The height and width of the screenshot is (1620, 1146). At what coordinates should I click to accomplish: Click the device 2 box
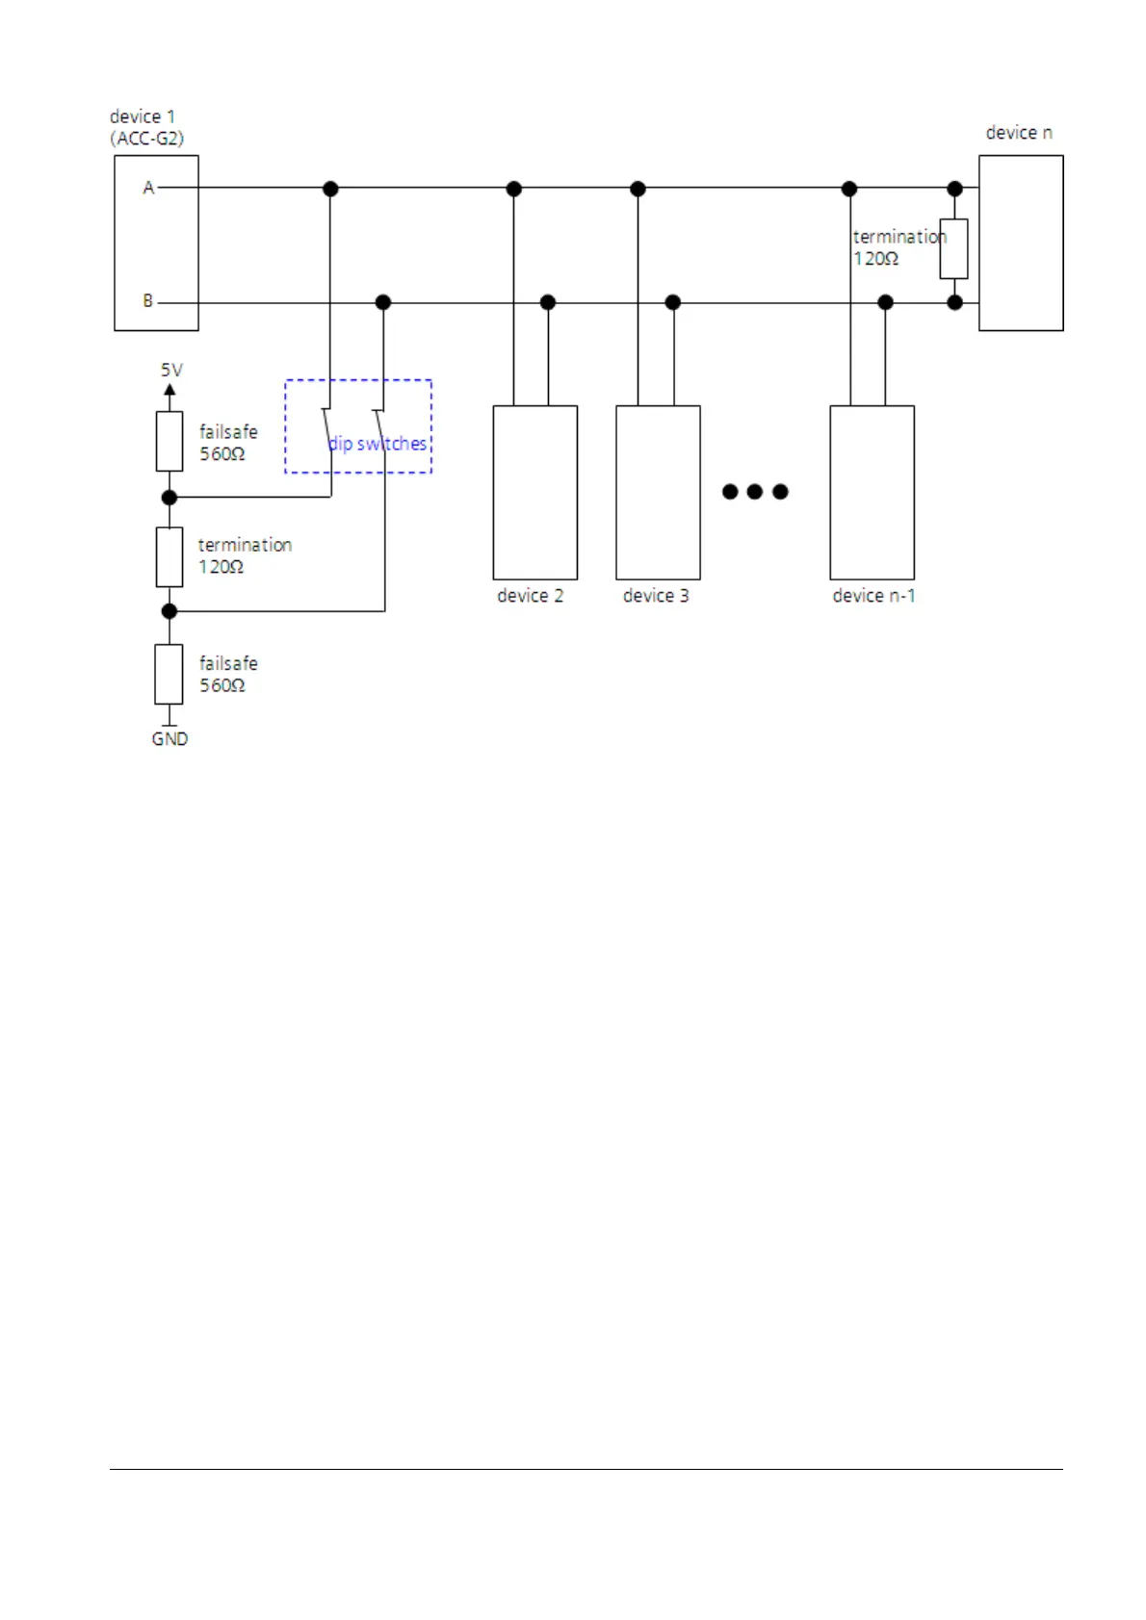[534, 492]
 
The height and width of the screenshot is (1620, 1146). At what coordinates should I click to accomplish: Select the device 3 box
[658, 492]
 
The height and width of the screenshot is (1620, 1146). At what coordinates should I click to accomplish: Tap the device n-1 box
[872, 492]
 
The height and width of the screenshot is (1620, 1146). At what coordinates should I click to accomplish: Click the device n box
[1020, 243]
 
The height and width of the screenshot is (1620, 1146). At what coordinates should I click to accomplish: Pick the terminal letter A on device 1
[148, 188]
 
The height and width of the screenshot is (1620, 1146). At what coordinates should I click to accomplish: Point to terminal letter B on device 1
[148, 301]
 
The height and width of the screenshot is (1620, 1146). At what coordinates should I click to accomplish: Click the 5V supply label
[171, 370]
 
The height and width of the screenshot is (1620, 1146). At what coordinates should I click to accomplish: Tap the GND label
[169, 738]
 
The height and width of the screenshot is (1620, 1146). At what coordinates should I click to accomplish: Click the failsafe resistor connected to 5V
[169, 441]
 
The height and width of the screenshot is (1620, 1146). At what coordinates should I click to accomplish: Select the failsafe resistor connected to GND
[169, 674]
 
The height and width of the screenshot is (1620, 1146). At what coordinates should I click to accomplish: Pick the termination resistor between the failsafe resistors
[169, 556]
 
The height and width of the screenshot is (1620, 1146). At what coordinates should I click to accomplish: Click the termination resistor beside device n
[953, 248]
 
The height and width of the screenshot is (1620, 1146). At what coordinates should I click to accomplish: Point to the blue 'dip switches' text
[378, 444]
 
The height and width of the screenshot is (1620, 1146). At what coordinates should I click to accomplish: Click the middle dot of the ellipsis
[755, 492]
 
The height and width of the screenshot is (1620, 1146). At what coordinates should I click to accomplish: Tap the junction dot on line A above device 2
[513, 189]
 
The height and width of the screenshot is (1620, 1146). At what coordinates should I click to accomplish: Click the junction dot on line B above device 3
[673, 302]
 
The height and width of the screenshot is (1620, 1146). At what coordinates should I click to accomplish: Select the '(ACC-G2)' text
[146, 139]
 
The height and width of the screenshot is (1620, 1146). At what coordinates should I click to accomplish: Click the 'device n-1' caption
[873, 596]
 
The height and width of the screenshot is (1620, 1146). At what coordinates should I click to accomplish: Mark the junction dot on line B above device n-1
[885, 302]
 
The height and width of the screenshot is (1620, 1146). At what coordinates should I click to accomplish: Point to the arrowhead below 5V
[169, 390]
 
